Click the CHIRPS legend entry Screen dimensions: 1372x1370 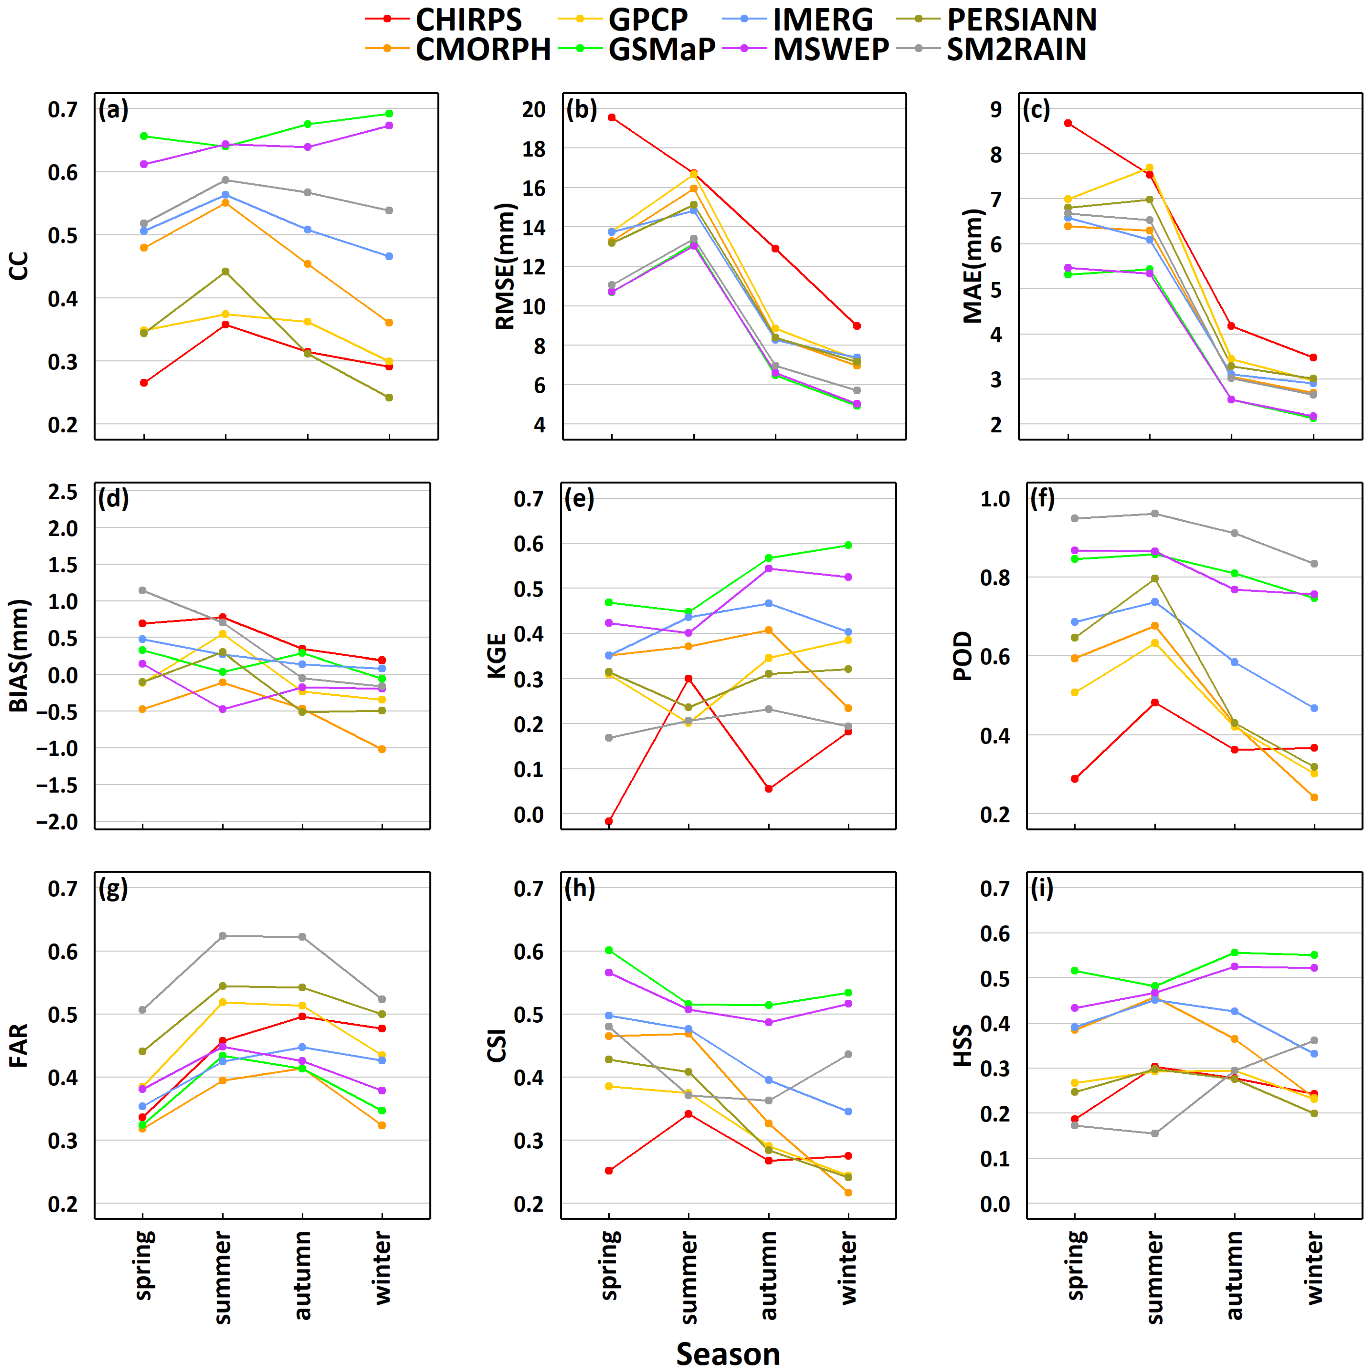444,19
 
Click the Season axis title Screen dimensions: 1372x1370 728,1353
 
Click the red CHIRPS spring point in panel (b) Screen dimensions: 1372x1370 611,117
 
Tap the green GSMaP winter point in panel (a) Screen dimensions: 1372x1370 389,114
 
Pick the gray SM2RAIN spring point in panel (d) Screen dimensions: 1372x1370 143,590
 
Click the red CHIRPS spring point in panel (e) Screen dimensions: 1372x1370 609,821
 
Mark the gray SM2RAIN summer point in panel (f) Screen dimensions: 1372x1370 1155,513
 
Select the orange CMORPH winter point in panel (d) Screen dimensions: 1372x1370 382,749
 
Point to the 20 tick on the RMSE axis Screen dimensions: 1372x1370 534,109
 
